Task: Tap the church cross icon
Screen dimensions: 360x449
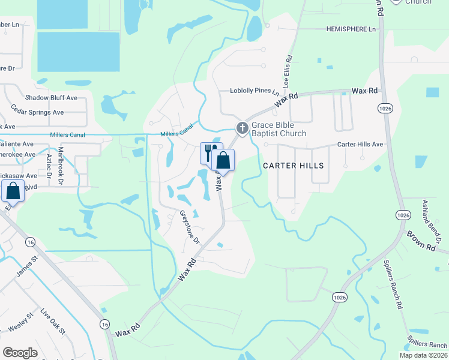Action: coord(242,127)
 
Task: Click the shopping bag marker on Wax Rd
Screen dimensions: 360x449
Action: coord(223,161)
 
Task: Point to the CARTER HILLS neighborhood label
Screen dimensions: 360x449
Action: coord(294,166)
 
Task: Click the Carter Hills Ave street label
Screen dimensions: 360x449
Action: coord(360,145)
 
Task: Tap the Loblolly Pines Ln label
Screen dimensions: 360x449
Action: coord(255,92)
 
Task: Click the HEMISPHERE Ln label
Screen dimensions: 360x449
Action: coord(351,29)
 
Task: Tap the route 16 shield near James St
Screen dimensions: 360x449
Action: coord(30,242)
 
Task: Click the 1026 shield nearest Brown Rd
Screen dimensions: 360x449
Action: coord(402,215)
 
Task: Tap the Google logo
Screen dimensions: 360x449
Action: coord(20,353)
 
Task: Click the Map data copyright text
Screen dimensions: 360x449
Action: coord(423,356)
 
